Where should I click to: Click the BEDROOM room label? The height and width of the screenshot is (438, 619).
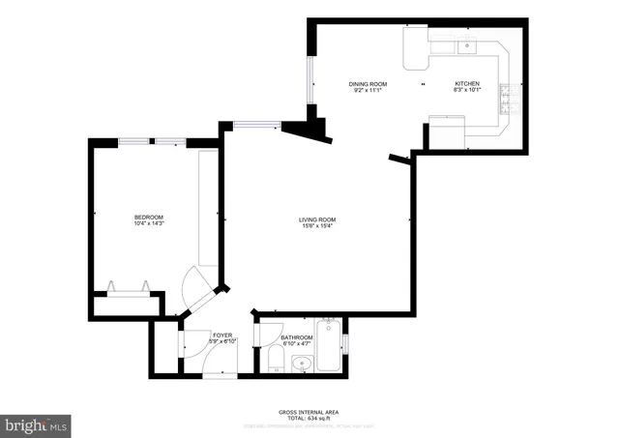(148, 217)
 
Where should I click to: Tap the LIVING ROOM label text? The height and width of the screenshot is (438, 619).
(316, 219)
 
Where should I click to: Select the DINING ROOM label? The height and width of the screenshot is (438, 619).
(368, 84)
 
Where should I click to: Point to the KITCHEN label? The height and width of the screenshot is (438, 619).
(467, 84)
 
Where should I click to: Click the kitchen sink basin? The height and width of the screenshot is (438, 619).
(468, 44)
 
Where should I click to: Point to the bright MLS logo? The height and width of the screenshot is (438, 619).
(37, 423)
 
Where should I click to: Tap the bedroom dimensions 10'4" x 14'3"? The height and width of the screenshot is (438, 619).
(148, 223)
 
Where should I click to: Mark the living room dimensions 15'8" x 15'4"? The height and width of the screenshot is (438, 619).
(316, 226)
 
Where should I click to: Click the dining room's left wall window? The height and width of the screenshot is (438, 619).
(309, 79)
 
